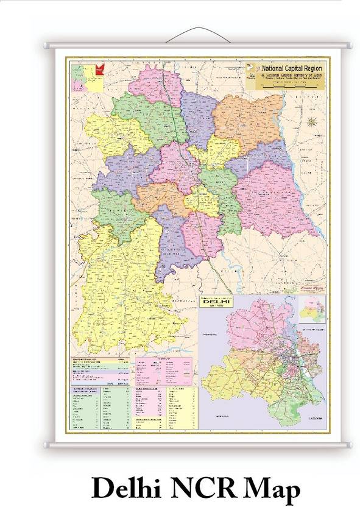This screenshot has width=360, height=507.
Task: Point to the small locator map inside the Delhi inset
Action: (312, 308)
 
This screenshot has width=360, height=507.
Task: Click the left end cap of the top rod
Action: (46, 45)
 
